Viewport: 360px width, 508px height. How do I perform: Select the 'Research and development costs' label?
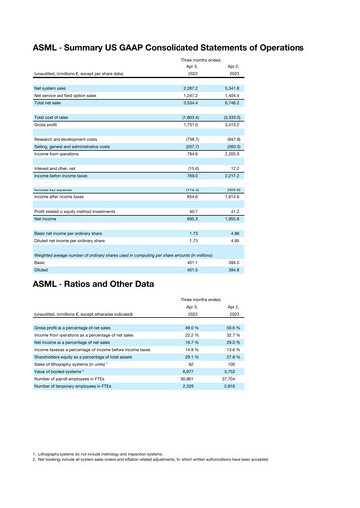coord(70,141)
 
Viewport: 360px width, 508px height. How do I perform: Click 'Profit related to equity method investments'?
coord(78,210)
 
